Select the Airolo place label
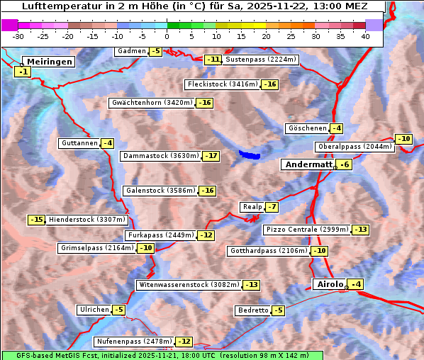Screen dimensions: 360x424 point(329,284)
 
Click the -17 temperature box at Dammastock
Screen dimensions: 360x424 point(211,156)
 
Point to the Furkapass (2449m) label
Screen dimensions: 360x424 point(160,235)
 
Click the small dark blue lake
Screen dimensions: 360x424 point(250,154)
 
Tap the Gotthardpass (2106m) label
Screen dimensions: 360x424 point(267,251)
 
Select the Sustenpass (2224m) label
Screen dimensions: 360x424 point(261,60)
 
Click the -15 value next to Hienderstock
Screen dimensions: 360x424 point(36,220)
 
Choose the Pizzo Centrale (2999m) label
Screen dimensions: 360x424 point(307,230)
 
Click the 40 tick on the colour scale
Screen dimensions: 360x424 point(365,36)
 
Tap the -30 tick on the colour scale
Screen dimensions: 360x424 point(18,36)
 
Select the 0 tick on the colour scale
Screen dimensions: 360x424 point(167,36)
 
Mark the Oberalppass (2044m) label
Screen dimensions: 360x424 point(354,147)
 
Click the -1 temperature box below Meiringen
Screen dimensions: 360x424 point(23,72)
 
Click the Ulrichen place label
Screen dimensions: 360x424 point(94,310)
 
